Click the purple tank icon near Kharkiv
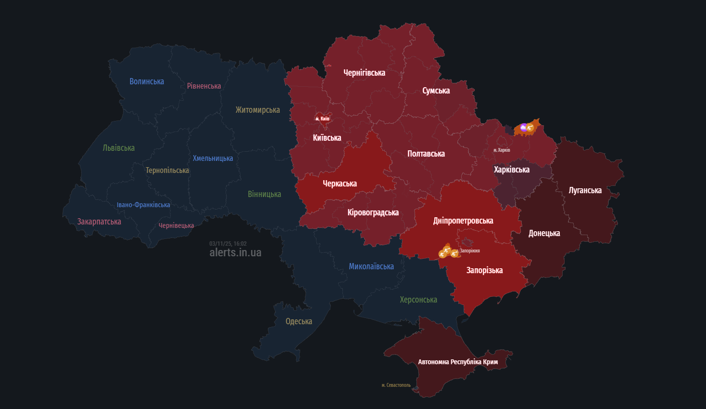click(523, 128)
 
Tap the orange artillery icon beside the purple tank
click(530, 128)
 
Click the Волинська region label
click(147, 81)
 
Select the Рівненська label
click(204, 86)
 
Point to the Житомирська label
click(257, 110)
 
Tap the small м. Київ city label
click(322, 119)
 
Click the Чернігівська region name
click(364, 73)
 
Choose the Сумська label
click(436, 91)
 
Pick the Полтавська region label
click(426, 154)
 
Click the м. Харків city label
click(502, 150)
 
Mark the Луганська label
click(585, 190)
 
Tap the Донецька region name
click(544, 233)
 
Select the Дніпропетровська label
click(463, 221)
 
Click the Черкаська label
click(340, 184)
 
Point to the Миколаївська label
click(371, 266)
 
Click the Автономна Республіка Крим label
click(457, 362)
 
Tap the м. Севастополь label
click(396, 385)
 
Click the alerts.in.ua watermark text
click(235, 252)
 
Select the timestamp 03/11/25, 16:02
click(227, 244)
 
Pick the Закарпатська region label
click(99, 222)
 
